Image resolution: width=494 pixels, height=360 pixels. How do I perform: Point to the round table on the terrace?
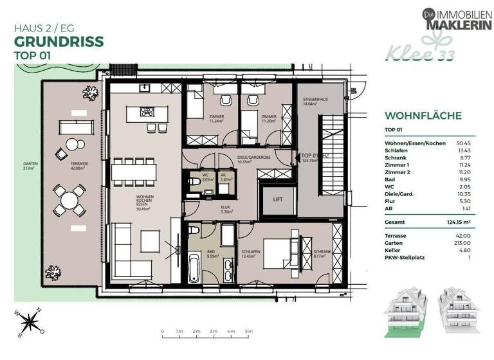(69, 201)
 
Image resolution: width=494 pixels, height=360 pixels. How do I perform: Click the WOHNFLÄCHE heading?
(423, 116)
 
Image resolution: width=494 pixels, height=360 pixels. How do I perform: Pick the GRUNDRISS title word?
(58, 42)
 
